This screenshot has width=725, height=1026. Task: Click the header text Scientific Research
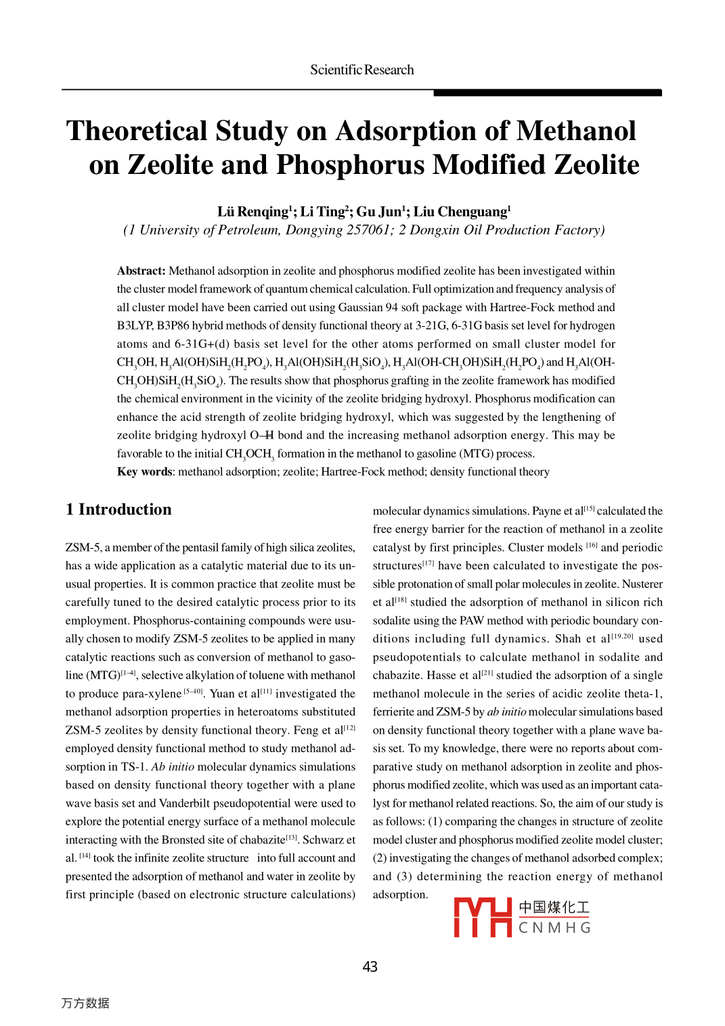[x=361, y=70]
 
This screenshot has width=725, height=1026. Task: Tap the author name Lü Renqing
[x=252, y=212]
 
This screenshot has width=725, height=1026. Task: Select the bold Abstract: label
[x=141, y=271]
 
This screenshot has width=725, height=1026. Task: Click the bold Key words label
[x=144, y=472]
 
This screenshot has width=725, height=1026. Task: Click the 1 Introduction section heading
[x=118, y=510]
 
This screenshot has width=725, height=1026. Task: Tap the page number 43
[x=370, y=966]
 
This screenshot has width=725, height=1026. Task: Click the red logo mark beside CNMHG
[x=482, y=918]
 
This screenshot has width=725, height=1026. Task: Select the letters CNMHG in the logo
[x=554, y=928]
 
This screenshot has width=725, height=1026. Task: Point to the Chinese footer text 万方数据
[x=85, y=1003]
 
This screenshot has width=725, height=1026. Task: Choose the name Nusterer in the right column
[x=642, y=584]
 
